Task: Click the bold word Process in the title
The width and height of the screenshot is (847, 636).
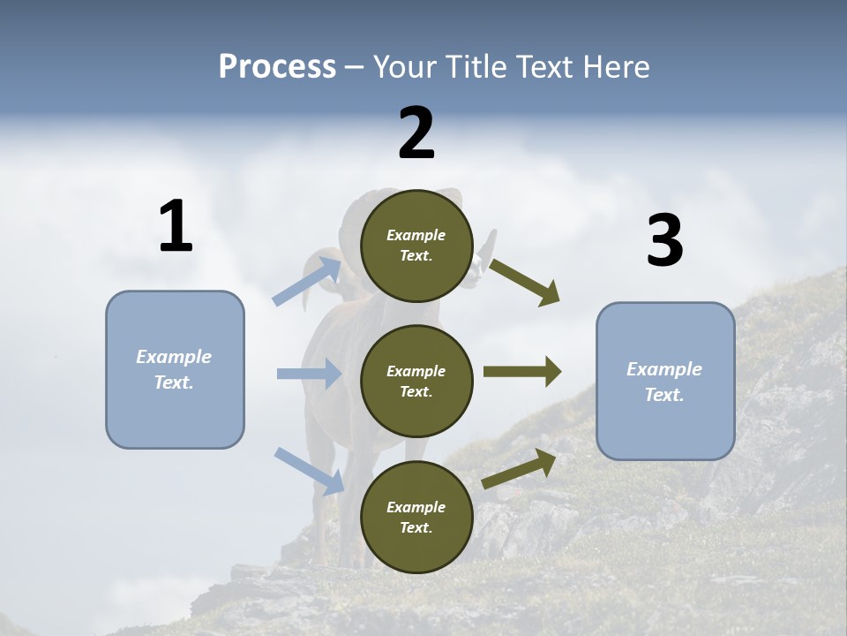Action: (x=277, y=66)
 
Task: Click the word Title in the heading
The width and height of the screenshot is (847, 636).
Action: (x=477, y=66)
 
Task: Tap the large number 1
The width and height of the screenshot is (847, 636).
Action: (x=176, y=227)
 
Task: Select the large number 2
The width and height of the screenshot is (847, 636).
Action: (x=416, y=133)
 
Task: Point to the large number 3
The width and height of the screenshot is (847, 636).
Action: (x=664, y=241)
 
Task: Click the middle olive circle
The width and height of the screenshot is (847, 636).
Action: (x=416, y=382)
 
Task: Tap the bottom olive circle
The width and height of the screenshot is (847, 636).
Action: (x=416, y=518)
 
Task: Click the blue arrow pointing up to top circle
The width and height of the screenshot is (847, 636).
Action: (x=308, y=281)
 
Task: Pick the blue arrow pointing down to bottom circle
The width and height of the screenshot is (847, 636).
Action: (x=310, y=470)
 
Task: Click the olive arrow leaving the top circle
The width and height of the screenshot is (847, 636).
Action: (x=525, y=282)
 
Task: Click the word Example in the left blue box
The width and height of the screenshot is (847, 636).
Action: (x=174, y=357)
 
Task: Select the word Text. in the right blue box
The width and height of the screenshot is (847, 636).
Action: (x=664, y=395)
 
